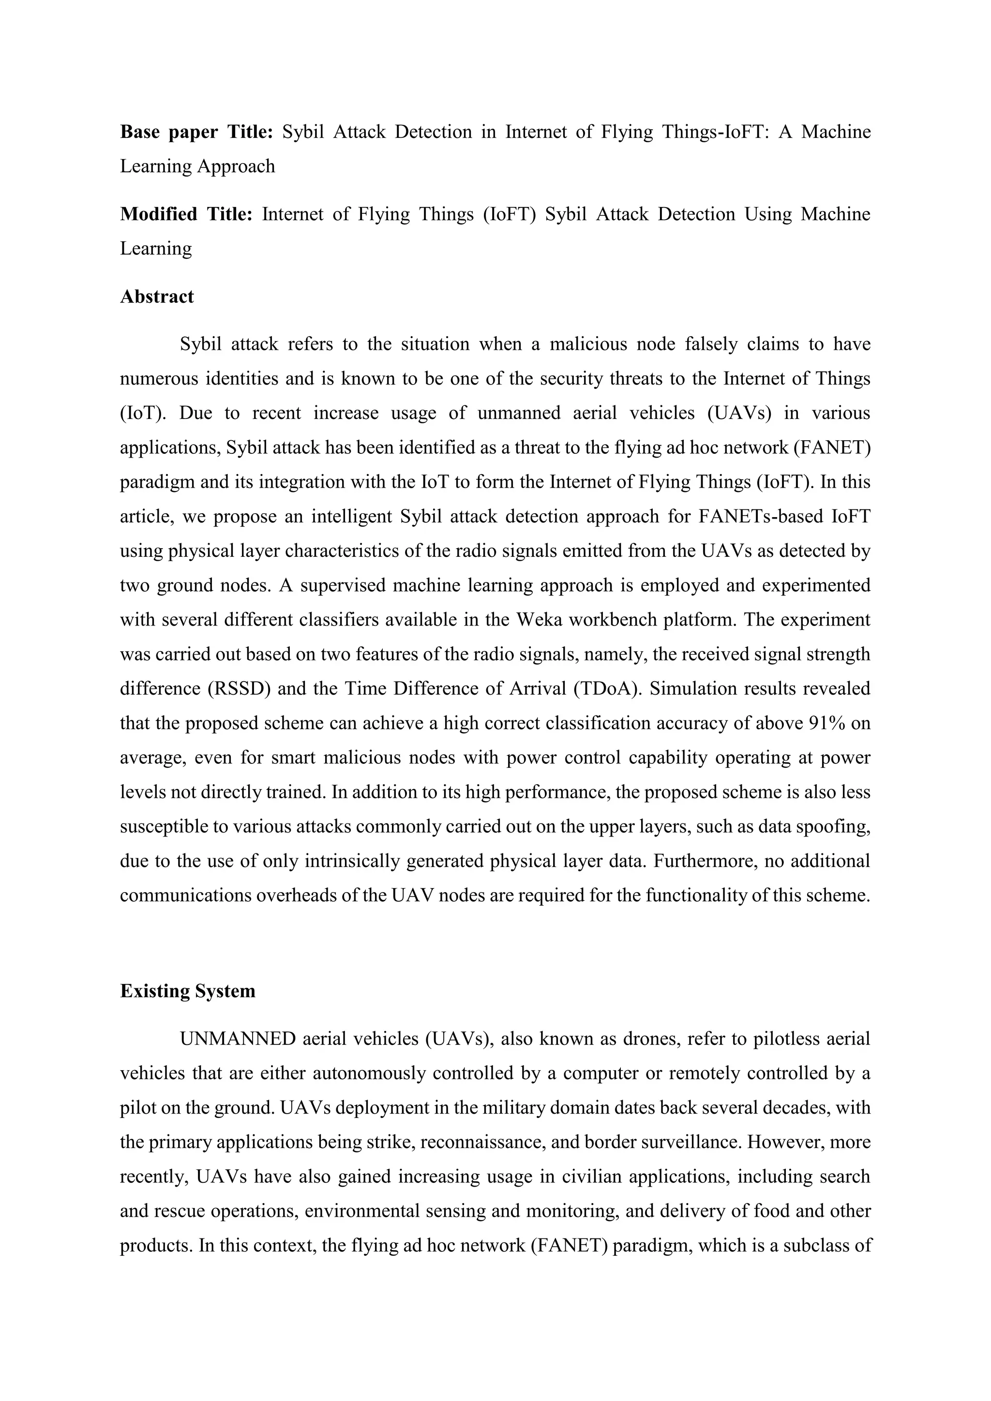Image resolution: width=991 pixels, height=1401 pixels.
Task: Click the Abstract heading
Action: click(x=157, y=297)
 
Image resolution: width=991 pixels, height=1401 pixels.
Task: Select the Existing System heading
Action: click(x=187, y=991)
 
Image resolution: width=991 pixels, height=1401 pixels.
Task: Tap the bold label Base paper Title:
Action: click(x=196, y=132)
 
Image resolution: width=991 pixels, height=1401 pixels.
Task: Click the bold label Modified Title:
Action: click(x=185, y=214)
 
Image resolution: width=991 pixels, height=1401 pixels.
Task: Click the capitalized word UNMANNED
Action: click(x=238, y=1039)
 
